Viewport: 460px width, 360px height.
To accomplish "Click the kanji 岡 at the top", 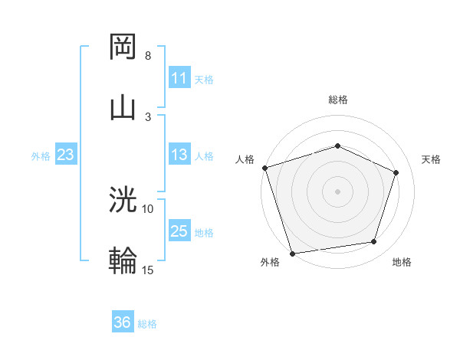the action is [123, 47].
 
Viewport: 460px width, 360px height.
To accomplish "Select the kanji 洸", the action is [123, 201].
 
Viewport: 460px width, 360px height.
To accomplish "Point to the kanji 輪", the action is [123, 261].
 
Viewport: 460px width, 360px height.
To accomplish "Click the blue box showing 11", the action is [179, 78].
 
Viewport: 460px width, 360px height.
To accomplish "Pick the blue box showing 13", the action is [179, 155].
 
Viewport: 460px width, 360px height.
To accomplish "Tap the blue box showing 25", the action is [179, 231].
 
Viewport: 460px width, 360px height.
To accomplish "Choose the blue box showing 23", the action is [66, 155].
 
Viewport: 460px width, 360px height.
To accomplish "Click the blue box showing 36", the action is [123, 322].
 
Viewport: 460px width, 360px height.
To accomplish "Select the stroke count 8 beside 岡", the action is [148, 56].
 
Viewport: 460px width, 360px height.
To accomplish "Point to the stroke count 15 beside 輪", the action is [148, 270].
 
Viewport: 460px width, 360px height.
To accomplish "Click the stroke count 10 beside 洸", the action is [148, 208].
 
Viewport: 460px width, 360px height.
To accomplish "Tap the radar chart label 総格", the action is [338, 100].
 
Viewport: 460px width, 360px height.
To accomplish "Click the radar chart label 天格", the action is [432, 159].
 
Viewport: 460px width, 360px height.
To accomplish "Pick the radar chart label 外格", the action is [270, 262].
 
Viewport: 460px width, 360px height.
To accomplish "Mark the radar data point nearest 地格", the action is [374, 242].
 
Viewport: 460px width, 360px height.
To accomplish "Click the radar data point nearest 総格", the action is [338, 146].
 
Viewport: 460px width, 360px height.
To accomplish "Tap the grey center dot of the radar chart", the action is [338, 191].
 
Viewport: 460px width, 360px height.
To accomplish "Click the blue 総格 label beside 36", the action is [147, 324].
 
